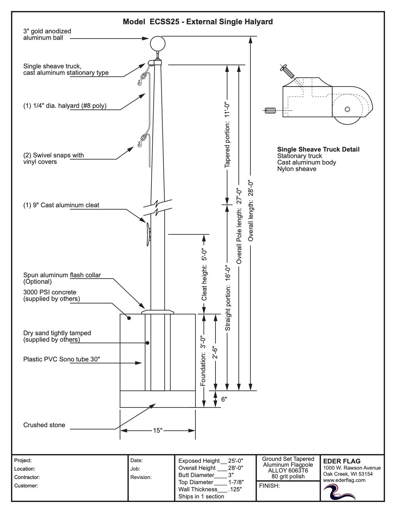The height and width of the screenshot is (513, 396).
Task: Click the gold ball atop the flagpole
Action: (x=158, y=43)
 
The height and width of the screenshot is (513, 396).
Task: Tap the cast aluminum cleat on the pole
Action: (x=148, y=234)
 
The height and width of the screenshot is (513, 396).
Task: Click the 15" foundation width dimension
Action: (x=158, y=430)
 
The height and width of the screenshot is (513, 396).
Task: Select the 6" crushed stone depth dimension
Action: (x=224, y=399)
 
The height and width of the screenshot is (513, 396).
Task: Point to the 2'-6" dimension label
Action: (x=215, y=352)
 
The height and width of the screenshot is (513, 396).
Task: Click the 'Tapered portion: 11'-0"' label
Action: (x=227, y=135)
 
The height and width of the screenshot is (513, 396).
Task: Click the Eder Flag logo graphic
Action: (x=339, y=492)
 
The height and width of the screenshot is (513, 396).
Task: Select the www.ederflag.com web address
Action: (x=344, y=480)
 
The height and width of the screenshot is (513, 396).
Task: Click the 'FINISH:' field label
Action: (x=269, y=485)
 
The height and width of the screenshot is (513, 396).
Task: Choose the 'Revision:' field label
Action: (x=141, y=477)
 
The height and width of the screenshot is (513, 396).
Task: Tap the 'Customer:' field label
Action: (x=26, y=485)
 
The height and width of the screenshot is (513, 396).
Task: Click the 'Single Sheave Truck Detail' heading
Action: (x=318, y=149)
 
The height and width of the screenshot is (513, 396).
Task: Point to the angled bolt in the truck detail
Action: (x=287, y=71)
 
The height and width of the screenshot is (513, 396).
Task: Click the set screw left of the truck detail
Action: (x=270, y=110)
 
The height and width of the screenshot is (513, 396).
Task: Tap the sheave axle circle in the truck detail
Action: (x=347, y=109)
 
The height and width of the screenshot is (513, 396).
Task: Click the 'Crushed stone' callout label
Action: (x=44, y=425)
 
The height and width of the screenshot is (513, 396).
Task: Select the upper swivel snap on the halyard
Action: (x=142, y=78)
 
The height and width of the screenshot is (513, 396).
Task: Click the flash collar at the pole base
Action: (x=158, y=312)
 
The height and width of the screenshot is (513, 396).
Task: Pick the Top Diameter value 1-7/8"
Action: (x=236, y=482)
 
